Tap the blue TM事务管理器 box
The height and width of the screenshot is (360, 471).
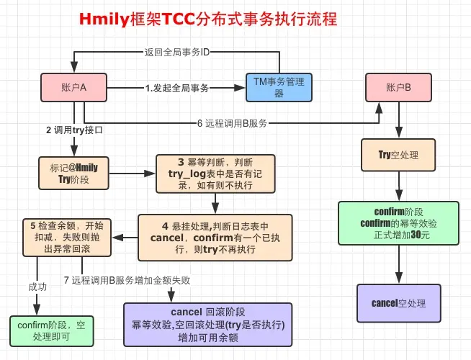(279, 88)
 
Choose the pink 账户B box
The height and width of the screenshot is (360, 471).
(398, 88)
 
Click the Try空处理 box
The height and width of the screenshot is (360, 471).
(398, 155)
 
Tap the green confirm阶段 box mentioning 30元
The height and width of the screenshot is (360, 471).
(398, 223)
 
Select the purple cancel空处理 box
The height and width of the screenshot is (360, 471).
(398, 302)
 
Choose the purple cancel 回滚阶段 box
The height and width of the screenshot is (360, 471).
(208, 325)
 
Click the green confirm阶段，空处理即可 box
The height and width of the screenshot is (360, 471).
(50, 330)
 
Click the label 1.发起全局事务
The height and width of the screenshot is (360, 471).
(176, 89)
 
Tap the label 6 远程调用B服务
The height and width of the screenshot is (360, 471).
(231, 123)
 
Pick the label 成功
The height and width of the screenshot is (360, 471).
(37, 286)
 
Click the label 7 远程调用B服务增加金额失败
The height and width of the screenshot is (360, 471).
(127, 279)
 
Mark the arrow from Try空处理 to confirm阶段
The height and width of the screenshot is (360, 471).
(398, 185)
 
